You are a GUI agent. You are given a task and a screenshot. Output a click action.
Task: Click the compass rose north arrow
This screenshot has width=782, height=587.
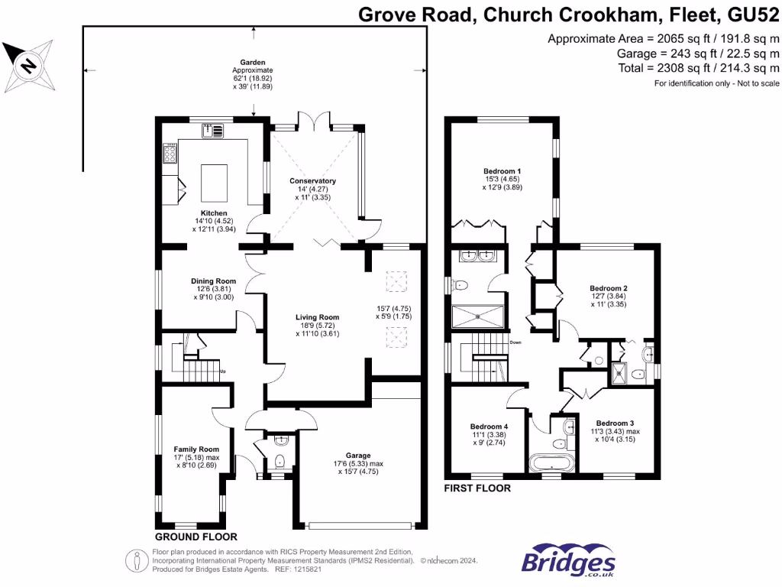coord(28,65)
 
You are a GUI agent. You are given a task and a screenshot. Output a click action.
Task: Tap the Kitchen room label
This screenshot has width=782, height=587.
coord(214,212)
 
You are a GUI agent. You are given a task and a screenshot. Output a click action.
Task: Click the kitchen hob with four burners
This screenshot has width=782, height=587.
coord(170,154)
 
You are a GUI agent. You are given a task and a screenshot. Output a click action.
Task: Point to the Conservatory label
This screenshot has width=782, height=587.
coord(313,181)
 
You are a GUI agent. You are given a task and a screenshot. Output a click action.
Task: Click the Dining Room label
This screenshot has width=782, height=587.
coord(211,281)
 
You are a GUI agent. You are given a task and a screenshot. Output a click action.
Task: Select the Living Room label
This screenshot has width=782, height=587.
coord(318,317)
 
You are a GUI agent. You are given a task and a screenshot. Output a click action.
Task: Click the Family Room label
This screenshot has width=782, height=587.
coord(196,449)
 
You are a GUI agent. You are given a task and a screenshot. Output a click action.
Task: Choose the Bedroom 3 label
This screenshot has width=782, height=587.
coord(615,423)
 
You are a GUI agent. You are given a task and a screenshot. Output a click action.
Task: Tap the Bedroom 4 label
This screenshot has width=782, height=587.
coord(489,426)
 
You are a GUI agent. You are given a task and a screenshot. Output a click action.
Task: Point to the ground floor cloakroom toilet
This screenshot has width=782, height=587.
coord(280,460)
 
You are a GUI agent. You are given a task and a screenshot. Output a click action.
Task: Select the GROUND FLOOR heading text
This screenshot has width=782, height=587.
coord(195,537)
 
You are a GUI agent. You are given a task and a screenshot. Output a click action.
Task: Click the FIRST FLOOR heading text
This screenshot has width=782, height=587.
coord(477,488)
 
